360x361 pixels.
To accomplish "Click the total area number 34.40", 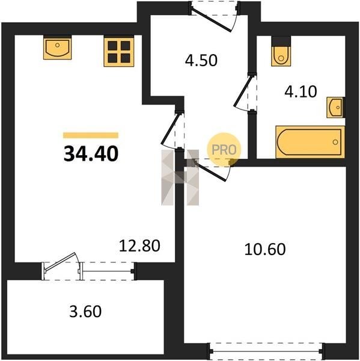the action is pyautogui.click(x=91, y=154).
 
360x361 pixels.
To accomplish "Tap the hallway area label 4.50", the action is pyautogui.click(x=201, y=60).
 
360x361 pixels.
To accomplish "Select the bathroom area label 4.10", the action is pyautogui.click(x=301, y=91).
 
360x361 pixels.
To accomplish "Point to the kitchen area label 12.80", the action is pyautogui.click(x=139, y=245).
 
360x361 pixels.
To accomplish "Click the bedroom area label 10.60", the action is pyautogui.click(x=265, y=249).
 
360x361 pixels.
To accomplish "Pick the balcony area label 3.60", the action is pyautogui.click(x=85, y=311).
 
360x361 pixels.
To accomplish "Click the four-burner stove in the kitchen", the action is pyautogui.click(x=119, y=52).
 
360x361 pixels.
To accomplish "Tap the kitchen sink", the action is pyautogui.click(x=58, y=48).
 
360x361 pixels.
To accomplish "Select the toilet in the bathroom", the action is pyautogui.click(x=281, y=54).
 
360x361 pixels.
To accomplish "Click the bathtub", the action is pyautogui.click(x=310, y=142).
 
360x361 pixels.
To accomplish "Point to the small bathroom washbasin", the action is pyautogui.click(x=335, y=107).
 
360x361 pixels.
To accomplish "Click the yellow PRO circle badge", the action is pyautogui.click(x=224, y=150).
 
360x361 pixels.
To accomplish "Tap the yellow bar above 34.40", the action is pyautogui.click(x=91, y=135).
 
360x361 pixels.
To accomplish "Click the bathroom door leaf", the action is pyautogui.click(x=242, y=91).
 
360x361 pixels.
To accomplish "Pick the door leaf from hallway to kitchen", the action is pyautogui.click(x=171, y=129).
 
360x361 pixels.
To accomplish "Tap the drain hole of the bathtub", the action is pyautogui.click(x=335, y=142).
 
